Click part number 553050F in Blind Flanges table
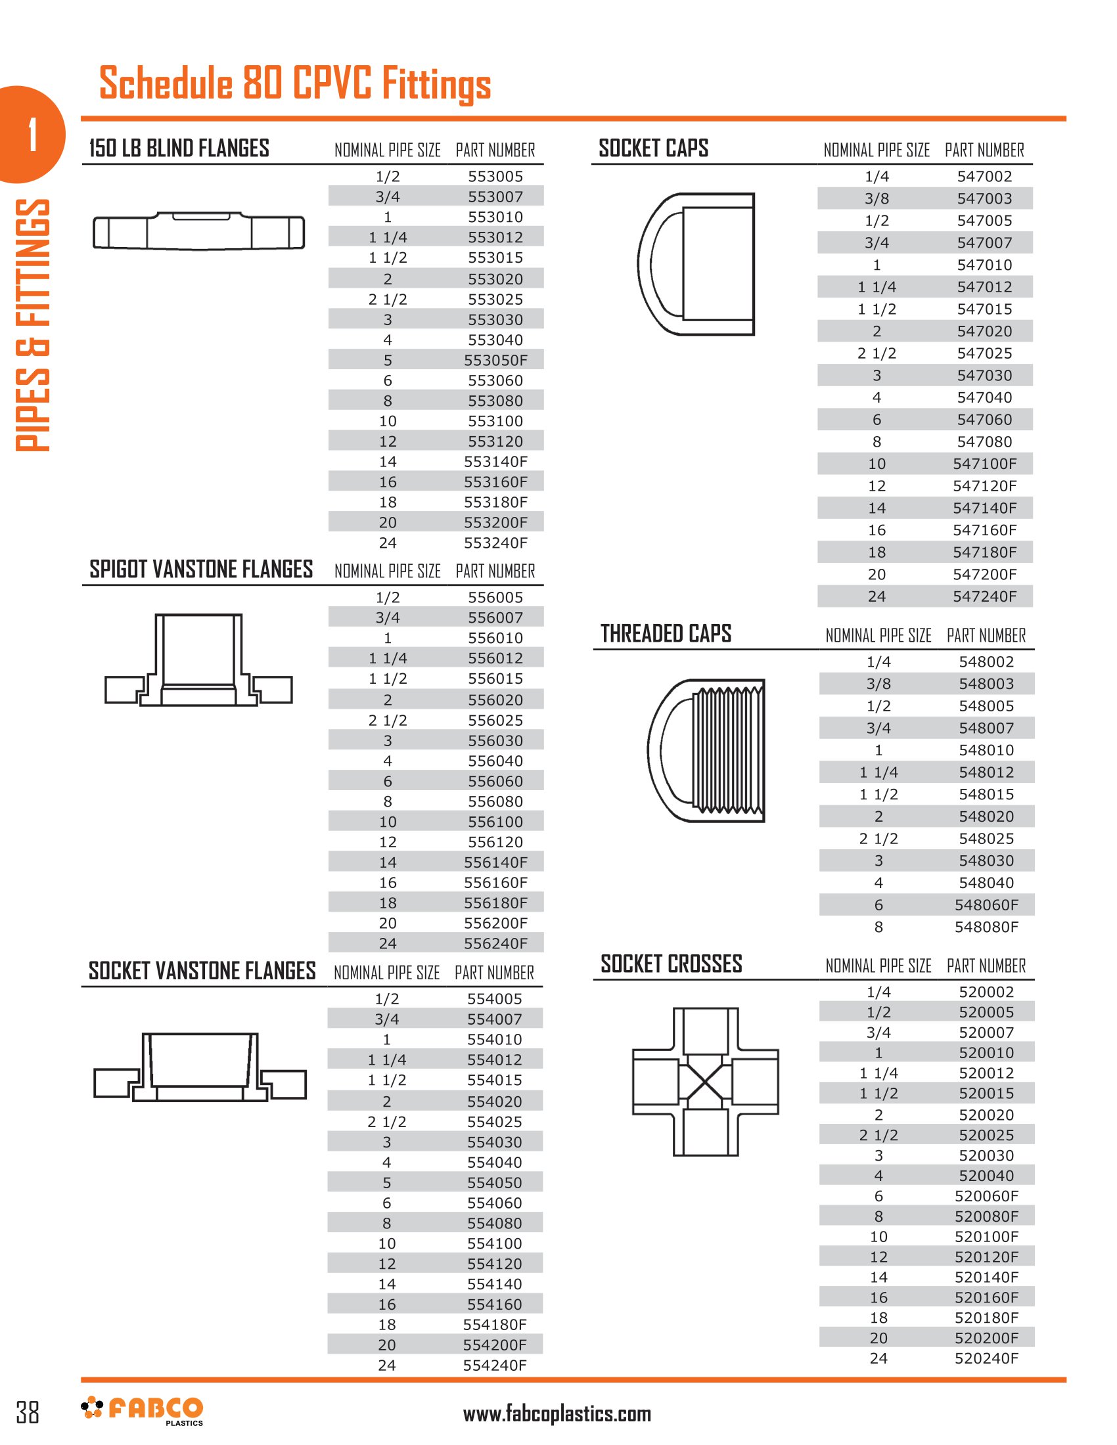[x=495, y=361]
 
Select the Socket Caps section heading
[x=653, y=148]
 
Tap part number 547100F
[x=984, y=464]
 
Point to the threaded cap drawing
[x=706, y=750]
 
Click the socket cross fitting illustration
[x=706, y=1082]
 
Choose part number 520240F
[x=986, y=1358]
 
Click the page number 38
[x=28, y=1412]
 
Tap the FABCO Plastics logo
[x=143, y=1411]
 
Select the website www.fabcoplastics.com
[x=557, y=1414]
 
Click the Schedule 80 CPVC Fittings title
[x=294, y=83]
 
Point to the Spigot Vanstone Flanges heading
[x=201, y=569]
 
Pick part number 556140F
[x=495, y=862]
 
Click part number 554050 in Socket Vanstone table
[x=494, y=1182]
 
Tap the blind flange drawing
[x=198, y=231]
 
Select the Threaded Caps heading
[x=666, y=634]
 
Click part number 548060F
[x=986, y=904]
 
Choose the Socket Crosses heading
[x=671, y=964]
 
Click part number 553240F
[x=495, y=543]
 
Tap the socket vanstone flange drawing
[x=200, y=1067]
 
